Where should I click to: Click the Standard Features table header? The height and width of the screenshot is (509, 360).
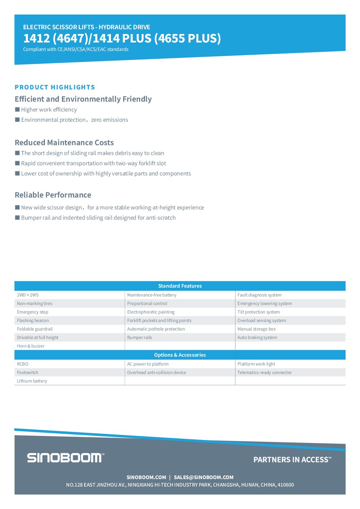pyautogui.click(x=180, y=286)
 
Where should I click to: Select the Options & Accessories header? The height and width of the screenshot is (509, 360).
pyautogui.click(x=180, y=355)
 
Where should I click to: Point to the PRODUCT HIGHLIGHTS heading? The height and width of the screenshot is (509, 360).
pyautogui.click(x=55, y=87)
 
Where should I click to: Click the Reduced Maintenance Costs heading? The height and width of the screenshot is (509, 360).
pyautogui.click(x=64, y=142)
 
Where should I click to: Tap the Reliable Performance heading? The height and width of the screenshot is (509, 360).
pyautogui.click(x=53, y=195)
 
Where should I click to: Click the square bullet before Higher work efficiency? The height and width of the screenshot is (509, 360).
pyautogui.click(x=17, y=109)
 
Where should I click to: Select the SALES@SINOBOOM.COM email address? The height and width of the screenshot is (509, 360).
pyautogui.click(x=203, y=477)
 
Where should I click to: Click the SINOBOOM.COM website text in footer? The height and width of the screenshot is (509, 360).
pyautogui.click(x=146, y=477)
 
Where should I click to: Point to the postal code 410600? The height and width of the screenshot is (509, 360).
pyautogui.click(x=285, y=485)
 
